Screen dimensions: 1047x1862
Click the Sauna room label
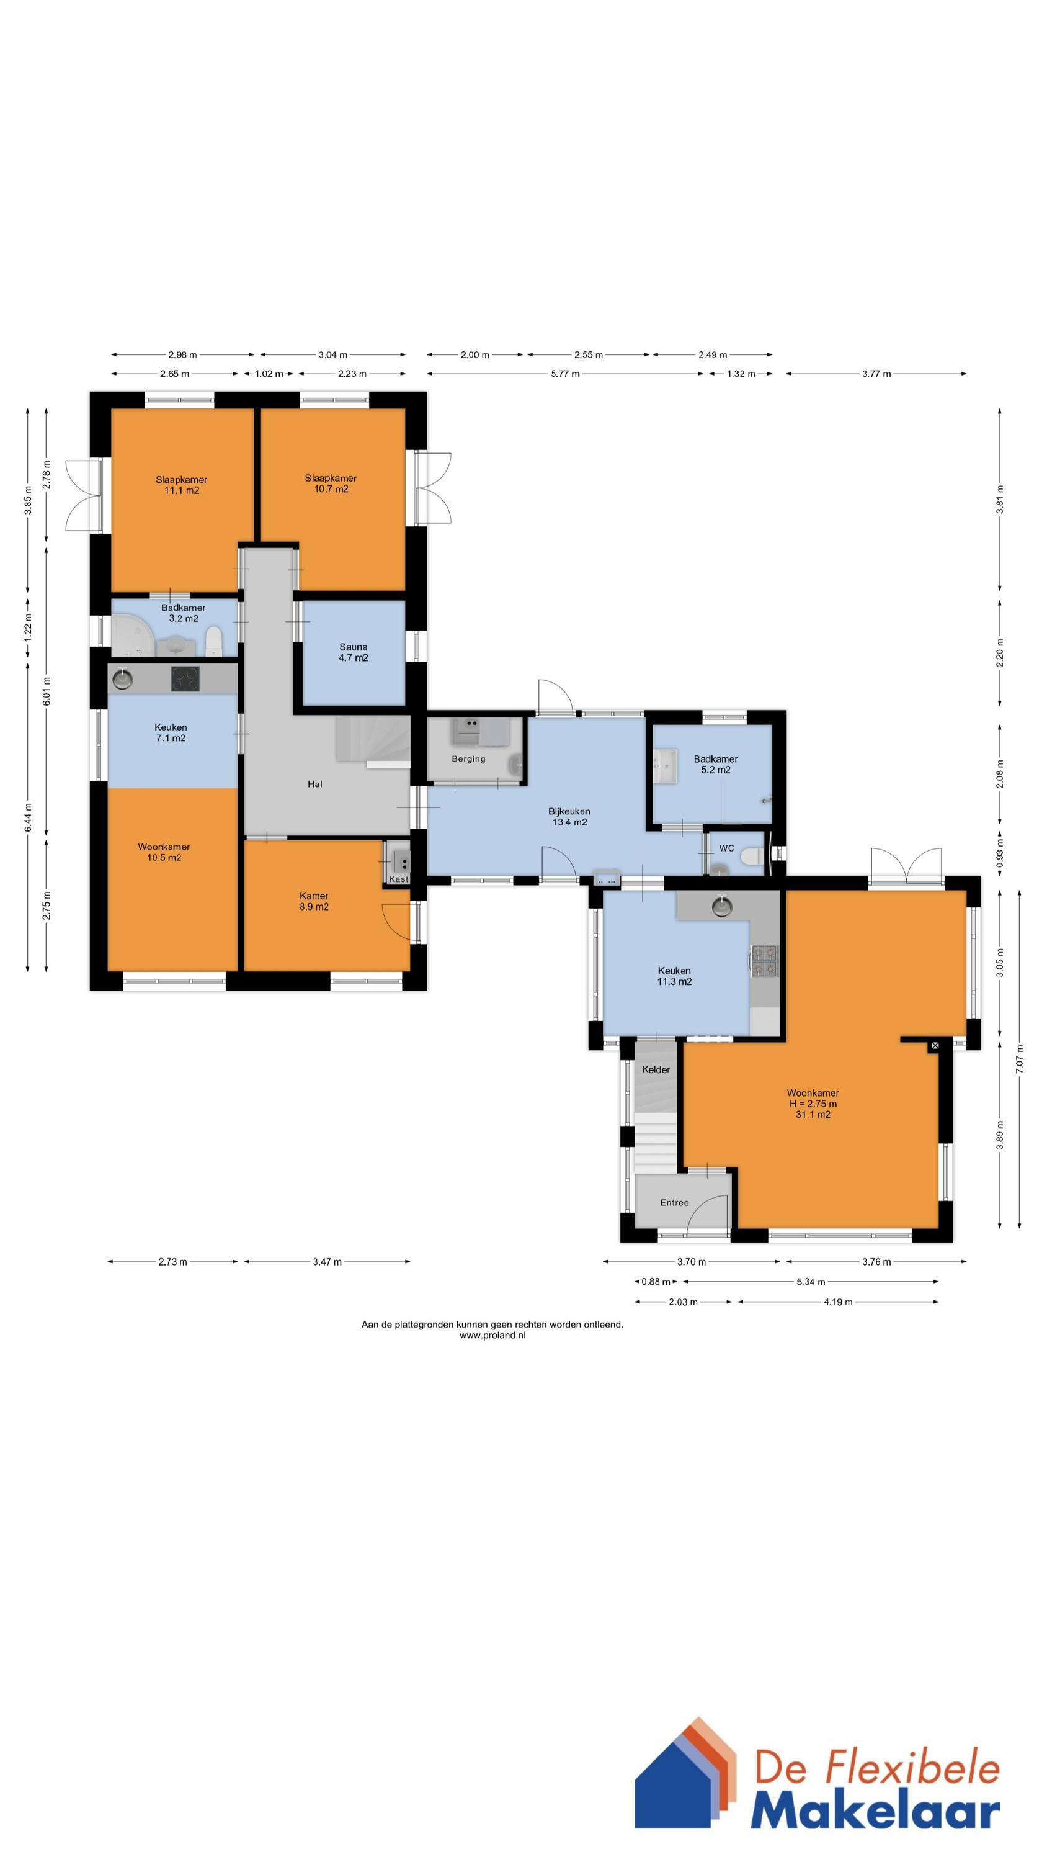pos(354,652)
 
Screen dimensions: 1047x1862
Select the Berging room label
pos(468,759)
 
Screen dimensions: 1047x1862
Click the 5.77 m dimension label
pos(565,374)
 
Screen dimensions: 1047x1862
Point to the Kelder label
pos(656,1069)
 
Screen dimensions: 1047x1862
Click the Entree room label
pos(674,1202)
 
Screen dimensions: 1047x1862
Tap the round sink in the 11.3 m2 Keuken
pos(722,905)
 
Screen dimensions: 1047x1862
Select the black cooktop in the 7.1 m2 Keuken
pos(185,678)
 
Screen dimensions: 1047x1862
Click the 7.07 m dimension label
pos(1020,1059)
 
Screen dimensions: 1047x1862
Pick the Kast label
pos(398,879)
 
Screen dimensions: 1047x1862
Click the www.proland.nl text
pos(492,1335)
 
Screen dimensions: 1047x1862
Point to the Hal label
pos(315,783)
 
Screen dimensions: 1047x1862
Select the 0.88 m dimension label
pos(656,1282)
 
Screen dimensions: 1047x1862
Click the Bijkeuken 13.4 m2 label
pos(569,816)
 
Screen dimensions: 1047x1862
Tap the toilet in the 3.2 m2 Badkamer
pos(213,641)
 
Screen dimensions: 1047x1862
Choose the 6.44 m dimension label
pos(28,817)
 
